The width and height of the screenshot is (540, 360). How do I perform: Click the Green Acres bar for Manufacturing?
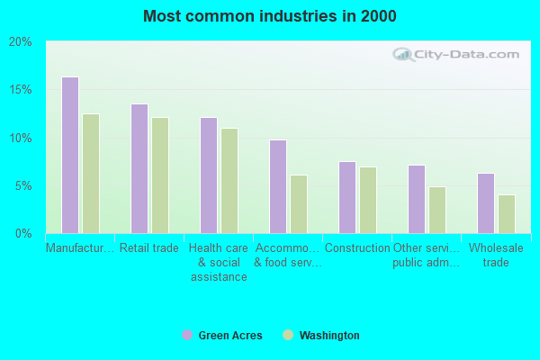point(70,156)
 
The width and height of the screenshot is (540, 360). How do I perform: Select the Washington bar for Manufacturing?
point(91,174)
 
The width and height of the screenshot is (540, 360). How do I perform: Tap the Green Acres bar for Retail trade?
point(139,169)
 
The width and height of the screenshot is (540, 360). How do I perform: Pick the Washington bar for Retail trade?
point(160,175)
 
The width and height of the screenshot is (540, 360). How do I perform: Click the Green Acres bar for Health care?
point(209,175)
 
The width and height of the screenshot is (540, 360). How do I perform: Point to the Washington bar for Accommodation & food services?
point(299,204)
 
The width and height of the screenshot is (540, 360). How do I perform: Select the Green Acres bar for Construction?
point(347,198)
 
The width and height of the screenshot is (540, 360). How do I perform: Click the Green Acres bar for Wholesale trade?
point(486,203)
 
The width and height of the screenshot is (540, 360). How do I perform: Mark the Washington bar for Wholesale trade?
point(507,214)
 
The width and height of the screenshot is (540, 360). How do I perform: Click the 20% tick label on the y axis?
point(21,42)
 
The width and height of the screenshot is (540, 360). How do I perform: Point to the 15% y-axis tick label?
point(21,90)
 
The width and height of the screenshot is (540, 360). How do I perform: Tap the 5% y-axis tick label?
point(23,186)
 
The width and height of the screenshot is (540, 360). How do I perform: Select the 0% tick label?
point(23,234)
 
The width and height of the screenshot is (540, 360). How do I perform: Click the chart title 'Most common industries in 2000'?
point(269,16)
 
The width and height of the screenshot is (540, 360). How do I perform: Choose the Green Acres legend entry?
point(222,336)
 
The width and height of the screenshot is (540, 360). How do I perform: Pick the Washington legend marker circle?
point(288,336)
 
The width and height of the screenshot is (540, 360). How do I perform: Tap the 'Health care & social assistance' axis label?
point(219,262)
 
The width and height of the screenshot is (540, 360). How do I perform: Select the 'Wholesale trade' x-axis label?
point(496,255)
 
